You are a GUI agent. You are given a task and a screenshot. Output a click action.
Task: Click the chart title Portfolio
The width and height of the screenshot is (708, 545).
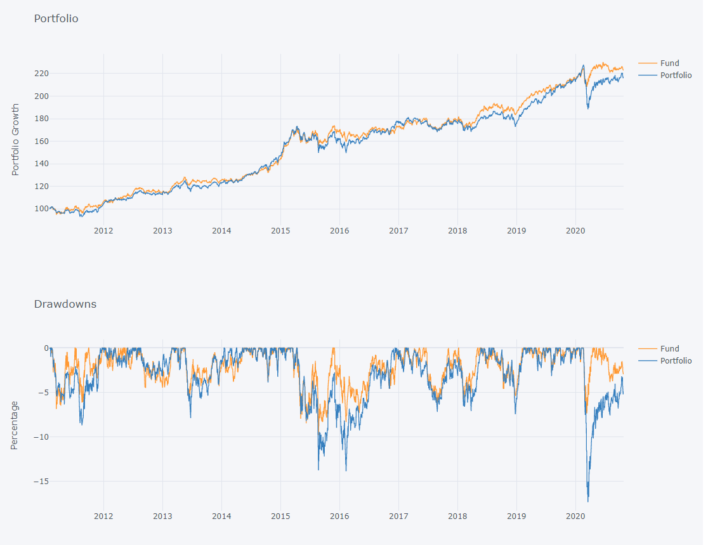[x=56, y=19]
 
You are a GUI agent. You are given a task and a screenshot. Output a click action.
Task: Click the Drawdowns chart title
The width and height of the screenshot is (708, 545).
[x=65, y=305]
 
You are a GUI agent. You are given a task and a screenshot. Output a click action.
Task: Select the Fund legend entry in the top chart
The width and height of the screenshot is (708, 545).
[x=669, y=63]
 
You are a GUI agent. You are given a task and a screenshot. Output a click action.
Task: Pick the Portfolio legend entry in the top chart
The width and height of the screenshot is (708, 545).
[x=676, y=76]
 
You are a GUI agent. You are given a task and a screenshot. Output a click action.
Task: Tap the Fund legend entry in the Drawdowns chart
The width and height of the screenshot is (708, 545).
[x=669, y=349]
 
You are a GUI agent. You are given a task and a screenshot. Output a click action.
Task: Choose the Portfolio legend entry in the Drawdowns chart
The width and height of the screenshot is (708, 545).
[x=676, y=361]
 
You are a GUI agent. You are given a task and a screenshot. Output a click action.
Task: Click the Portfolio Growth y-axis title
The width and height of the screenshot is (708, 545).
[x=15, y=140]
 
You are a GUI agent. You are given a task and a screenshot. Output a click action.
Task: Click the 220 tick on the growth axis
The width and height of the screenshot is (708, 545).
[x=43, y=74]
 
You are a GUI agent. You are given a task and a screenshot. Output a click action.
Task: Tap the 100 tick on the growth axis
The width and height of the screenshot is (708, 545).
[x=43, y=209]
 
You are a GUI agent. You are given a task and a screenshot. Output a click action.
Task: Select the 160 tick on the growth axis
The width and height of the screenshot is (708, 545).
[x=43, y=141]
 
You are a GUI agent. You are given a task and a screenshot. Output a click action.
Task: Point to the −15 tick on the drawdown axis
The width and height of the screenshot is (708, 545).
[x=39, y=482]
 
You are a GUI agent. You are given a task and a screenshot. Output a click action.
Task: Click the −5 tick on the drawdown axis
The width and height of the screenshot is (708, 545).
[x=41, y=393]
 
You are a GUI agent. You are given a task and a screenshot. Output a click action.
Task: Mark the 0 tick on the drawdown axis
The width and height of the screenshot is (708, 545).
[x=46, y=348]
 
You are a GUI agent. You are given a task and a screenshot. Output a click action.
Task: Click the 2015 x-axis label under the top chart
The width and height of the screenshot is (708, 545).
[x=280, y=231]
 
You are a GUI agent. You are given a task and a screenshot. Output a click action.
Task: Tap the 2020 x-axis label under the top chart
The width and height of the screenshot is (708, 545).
[x=575, y=231]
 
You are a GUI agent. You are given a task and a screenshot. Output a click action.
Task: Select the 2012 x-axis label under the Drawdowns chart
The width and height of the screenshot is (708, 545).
[x=103, y=516]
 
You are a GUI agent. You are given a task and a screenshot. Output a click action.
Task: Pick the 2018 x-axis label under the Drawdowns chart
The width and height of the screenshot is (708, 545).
[x=457, y=516]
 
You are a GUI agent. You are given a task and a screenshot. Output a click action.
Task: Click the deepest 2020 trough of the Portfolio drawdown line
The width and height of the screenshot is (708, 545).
[x=588, y=501]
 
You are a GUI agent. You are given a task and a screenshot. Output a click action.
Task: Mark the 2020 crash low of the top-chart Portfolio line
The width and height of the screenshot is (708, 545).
[x=588, y=108]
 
